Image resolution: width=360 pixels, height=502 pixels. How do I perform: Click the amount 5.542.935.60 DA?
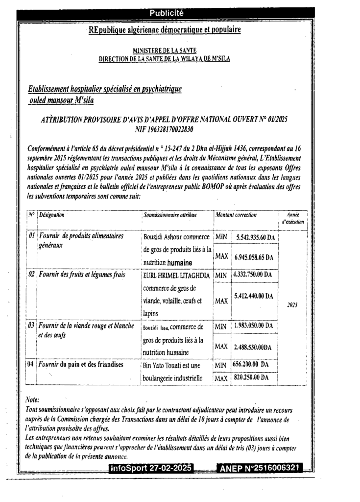(255, 237)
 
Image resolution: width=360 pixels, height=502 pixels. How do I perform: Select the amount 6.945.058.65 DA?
(255, 257)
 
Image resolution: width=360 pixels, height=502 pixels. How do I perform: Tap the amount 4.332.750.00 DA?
(252, 275)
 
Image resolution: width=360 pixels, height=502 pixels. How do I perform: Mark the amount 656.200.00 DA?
(250, 365)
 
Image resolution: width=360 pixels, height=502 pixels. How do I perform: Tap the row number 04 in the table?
(30, 364)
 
